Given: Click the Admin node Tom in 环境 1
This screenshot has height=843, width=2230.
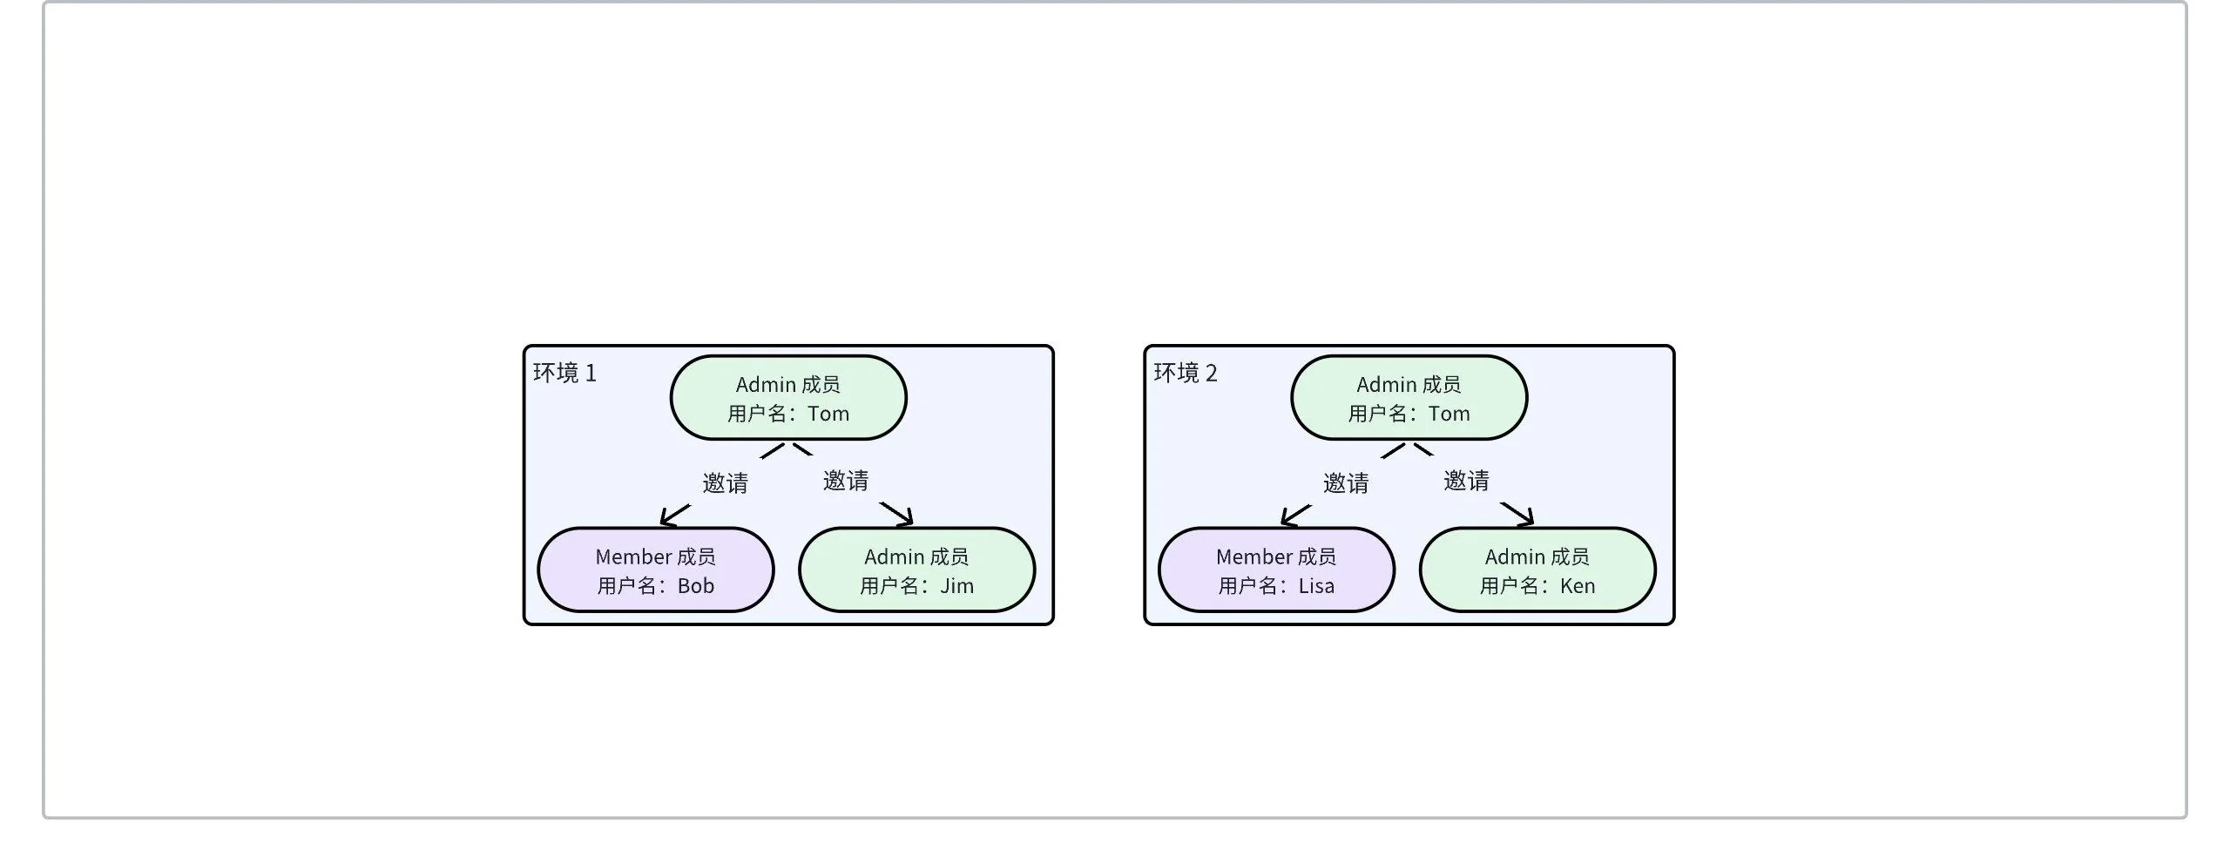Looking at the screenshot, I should [787, 397].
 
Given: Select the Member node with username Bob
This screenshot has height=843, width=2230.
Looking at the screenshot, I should [655, 570].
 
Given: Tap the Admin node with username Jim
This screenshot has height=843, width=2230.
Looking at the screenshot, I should [916, 570].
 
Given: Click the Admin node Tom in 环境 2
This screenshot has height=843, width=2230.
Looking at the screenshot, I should [1409, 397].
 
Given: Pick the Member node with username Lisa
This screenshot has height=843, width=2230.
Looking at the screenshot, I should [1276, 570].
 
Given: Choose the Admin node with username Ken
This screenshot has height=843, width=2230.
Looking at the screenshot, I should [1537, 570].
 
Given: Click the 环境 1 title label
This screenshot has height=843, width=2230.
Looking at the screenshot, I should [564, 374].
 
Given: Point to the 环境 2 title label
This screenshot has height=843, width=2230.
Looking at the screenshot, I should [1186, 374].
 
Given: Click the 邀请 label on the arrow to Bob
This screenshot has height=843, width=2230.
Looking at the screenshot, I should [725, 483].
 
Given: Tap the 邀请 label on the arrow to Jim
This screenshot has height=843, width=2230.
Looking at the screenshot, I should [845, 481].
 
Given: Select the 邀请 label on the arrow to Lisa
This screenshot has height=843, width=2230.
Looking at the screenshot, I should [1346, 483].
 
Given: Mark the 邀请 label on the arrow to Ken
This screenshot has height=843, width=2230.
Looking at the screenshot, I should [1466, 481].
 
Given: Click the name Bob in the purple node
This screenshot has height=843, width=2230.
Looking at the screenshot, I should [695, 586].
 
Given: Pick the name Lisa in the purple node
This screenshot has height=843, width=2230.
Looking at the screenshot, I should [1316, 586].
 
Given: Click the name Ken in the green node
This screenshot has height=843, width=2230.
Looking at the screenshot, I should [1578, 586].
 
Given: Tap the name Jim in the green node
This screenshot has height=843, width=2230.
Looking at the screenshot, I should [956, 586].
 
